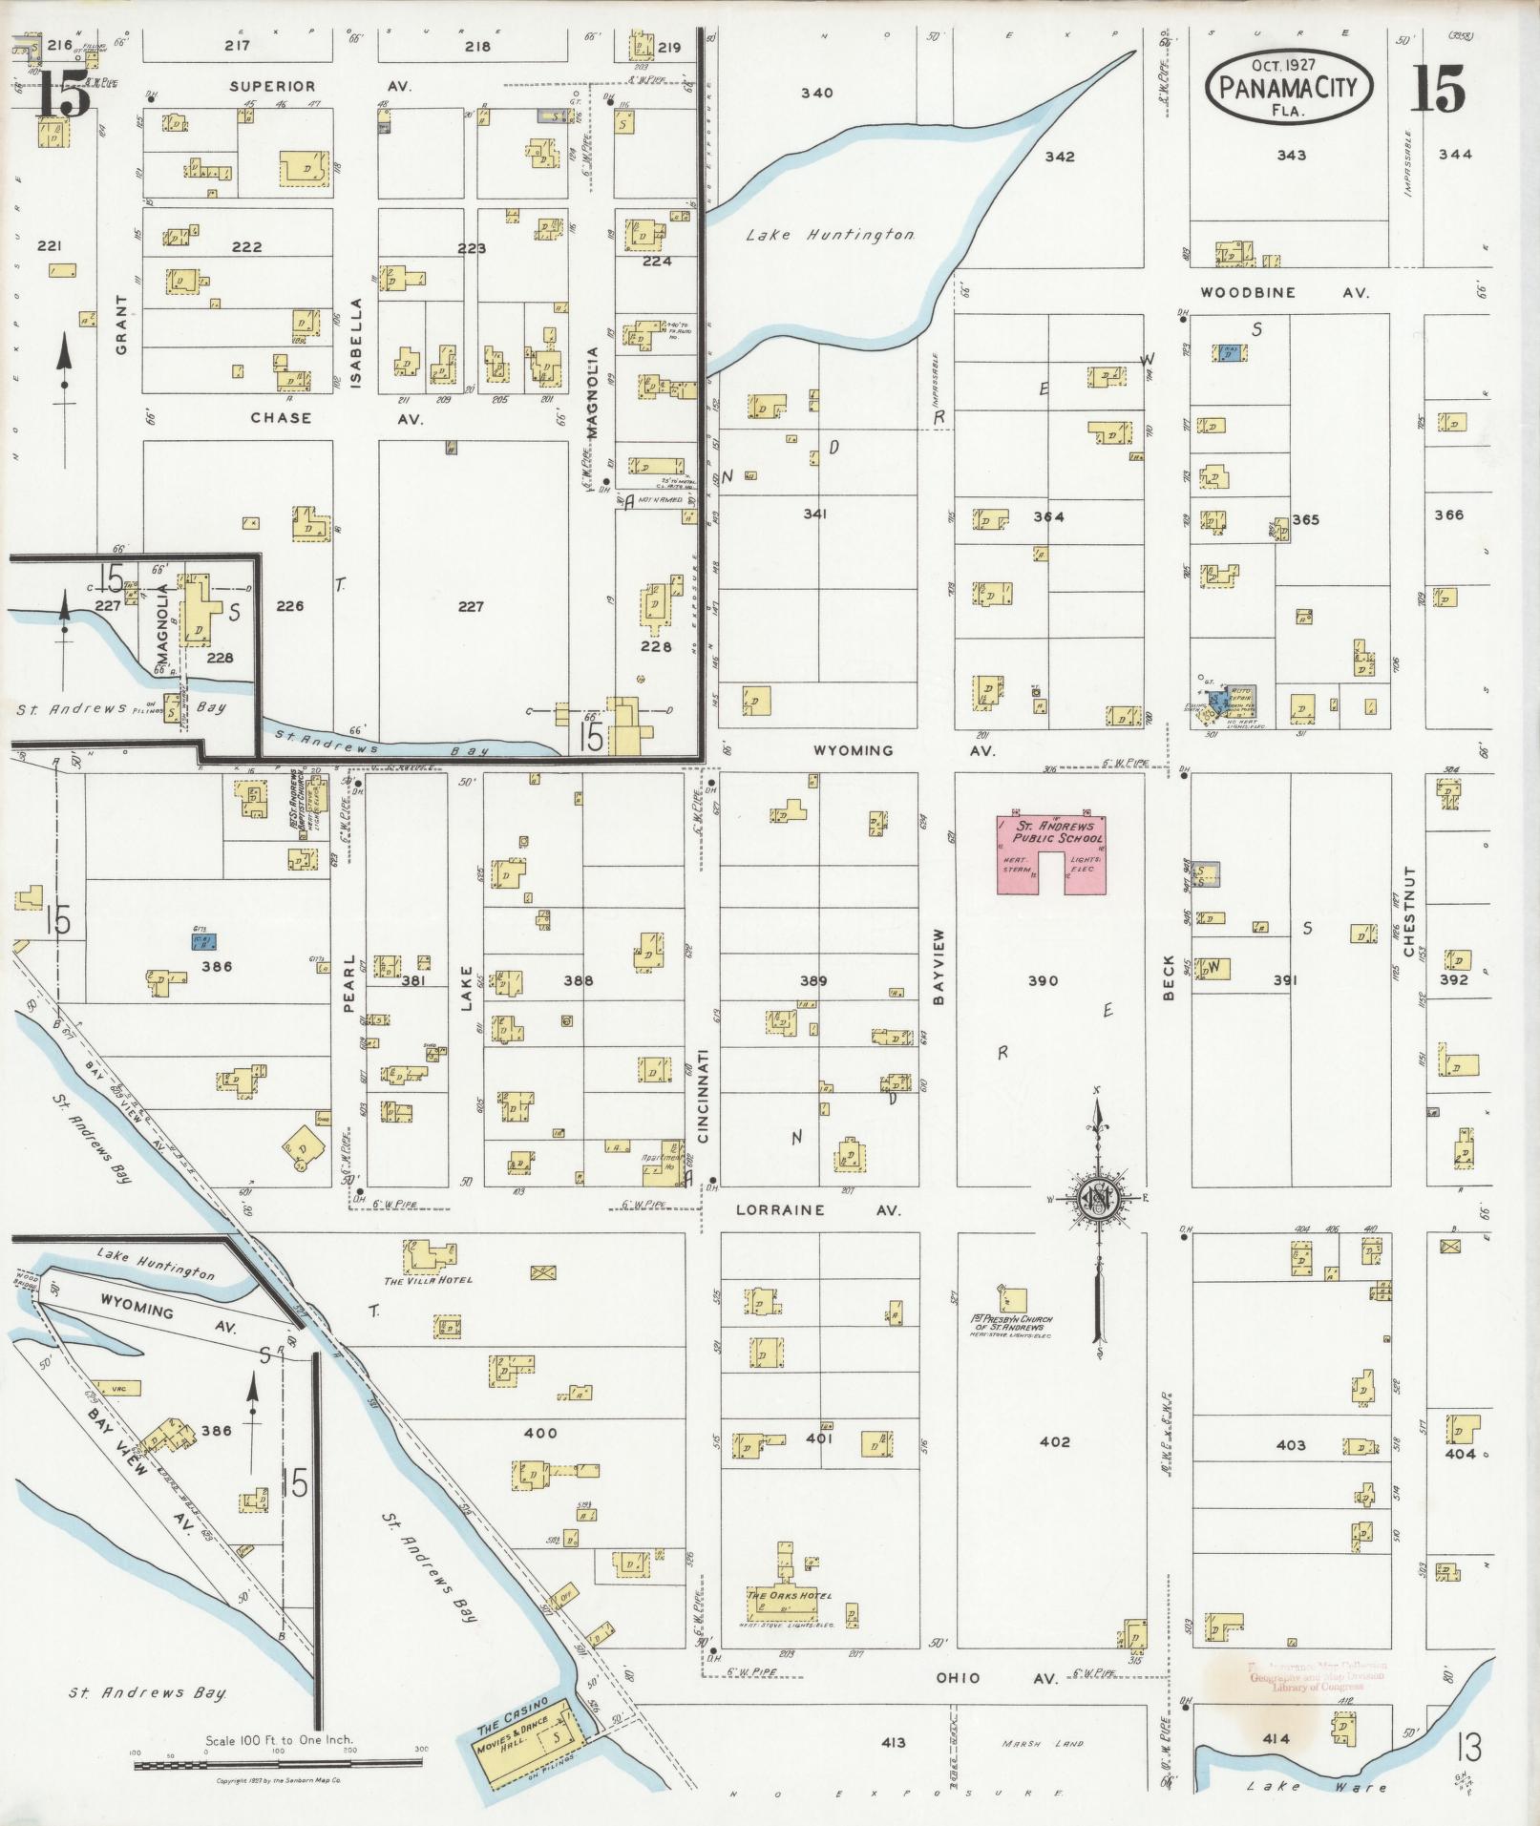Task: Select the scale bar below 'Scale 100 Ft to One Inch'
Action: click(x=278, y=1766)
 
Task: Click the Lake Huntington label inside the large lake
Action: click(x=832, y=235)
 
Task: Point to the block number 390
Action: click(x=1043, y=980)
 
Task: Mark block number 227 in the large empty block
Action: click(x=471, y=606)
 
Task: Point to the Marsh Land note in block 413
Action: click(x=1043, y=1743)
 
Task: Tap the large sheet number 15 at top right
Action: click(x=1437, y=92)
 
